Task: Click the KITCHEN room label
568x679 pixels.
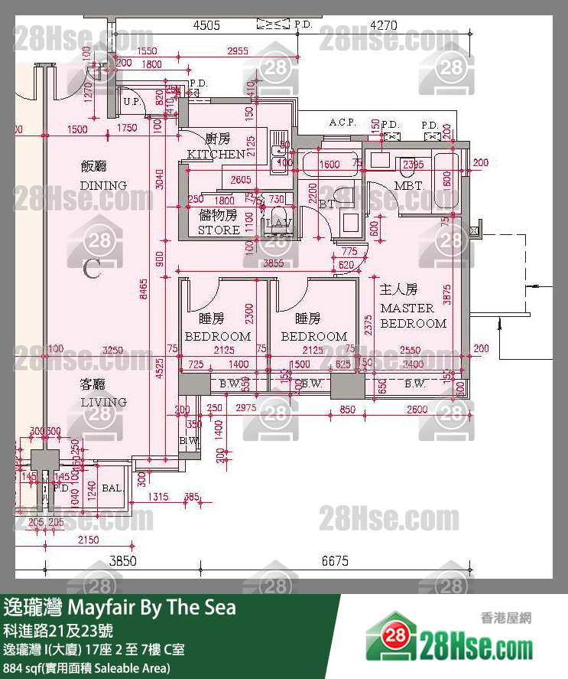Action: pyautogui.click(x=216, y=154)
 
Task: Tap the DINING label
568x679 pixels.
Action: pyautogui.click(x=103, y=185)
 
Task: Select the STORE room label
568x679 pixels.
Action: pyautogui.click(x=219, y=230)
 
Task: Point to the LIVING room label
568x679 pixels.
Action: pyautogui.click(x=103, y=402)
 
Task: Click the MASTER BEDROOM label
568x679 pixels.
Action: pyautogui.click(x=413, y=315)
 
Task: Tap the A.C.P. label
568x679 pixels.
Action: pyautogui.click(x=343, y=122)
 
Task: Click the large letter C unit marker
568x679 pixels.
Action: pyautogui.click(x=93, y=269)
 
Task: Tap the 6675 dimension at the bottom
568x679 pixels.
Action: pyautogui.click(x=335, y=561)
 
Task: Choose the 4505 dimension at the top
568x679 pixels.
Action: pyautogui.click(x=206, y=25)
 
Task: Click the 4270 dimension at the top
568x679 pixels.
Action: pyautogui.click(x=383, y=25)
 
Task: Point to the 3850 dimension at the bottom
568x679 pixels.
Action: pyautogui.click(x=122, y=561)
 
